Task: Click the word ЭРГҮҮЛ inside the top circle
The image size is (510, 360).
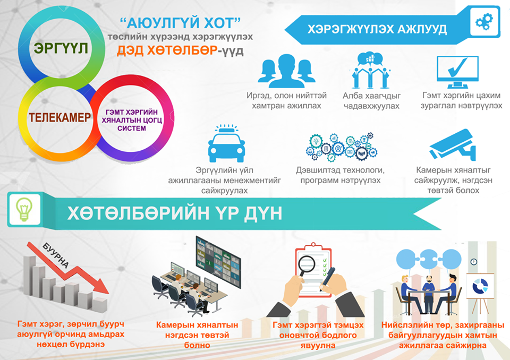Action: click(61, 48)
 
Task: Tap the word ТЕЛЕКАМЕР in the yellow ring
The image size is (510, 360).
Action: click(60, 117)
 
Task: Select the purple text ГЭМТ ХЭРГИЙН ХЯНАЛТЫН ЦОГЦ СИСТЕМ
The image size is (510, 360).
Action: click(132, 120)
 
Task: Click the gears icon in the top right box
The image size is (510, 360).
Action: click(484, 22)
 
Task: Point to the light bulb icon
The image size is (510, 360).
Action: click(24, 209)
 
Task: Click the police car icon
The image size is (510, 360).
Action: click(226, 144)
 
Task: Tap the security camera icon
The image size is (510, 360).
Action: click(453, 145)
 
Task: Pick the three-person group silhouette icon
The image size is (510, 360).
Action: click(286, 71)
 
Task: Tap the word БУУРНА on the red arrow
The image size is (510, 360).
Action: click(56, 256)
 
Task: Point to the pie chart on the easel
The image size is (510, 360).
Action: click(480, 286)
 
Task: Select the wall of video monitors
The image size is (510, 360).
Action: click(218, 262)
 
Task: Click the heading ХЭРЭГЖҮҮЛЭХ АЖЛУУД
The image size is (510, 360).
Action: click(377, 29)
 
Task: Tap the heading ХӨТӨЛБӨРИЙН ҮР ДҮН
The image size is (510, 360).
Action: click(175, 213)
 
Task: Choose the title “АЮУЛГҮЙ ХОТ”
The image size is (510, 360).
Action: click(180, 23)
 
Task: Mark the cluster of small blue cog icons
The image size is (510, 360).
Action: click(341, 147)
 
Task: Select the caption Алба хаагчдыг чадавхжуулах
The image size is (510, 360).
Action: click(371, 101)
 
